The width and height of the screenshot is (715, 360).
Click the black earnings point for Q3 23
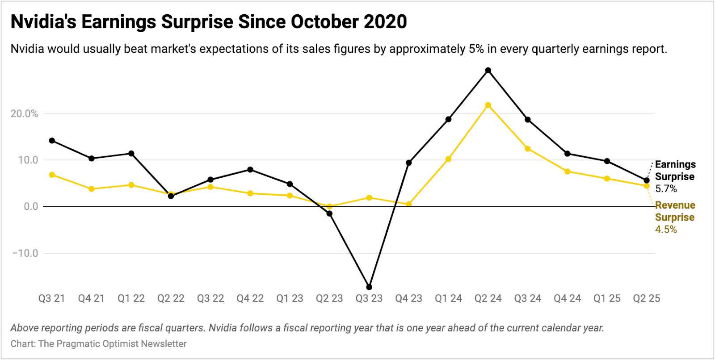(369, 287)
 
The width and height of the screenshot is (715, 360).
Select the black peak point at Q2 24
(488, 70)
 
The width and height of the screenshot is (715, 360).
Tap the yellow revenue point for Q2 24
(488, 105)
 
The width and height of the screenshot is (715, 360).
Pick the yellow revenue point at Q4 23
(408, 204)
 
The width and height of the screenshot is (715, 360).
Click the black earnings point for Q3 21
(52, 141)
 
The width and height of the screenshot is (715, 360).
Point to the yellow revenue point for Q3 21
(52, 175)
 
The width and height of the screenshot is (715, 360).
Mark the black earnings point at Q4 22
(250, 170)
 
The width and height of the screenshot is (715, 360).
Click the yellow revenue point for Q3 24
(528, 149)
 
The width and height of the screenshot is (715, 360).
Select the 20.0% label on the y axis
(24, 114)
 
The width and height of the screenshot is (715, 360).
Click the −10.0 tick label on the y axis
(25, 253)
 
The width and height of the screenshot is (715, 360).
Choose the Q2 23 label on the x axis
(329, 298)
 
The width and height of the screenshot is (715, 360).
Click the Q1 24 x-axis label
(448, 298)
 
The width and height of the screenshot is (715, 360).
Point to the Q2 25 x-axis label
(646, 298)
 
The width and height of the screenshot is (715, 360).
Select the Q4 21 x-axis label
(91, 298)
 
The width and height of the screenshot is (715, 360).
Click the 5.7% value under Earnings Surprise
(666, 189)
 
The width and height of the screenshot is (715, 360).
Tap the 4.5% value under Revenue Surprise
(666, 230)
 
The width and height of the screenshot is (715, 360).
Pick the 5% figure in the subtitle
(477, 49)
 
